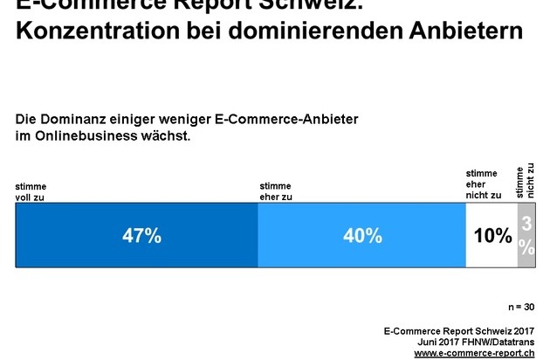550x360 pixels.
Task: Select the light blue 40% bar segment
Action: pyautogui.click(x=361, y=236)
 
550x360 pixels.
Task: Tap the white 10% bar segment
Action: pyautogui.click(x=492, y=236)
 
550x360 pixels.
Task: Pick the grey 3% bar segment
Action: pyautogui.click(x=526, y=236)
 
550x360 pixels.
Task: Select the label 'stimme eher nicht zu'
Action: pyautogui.click(x=484, y=185)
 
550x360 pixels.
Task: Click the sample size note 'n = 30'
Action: pyautogui.click(x=521, y=307)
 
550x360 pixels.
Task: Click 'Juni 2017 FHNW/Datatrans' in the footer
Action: pyautogui.click(x=476, y=343)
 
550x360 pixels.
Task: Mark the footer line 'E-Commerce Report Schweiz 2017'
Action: pyautogui.click(x=459, y=331)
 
